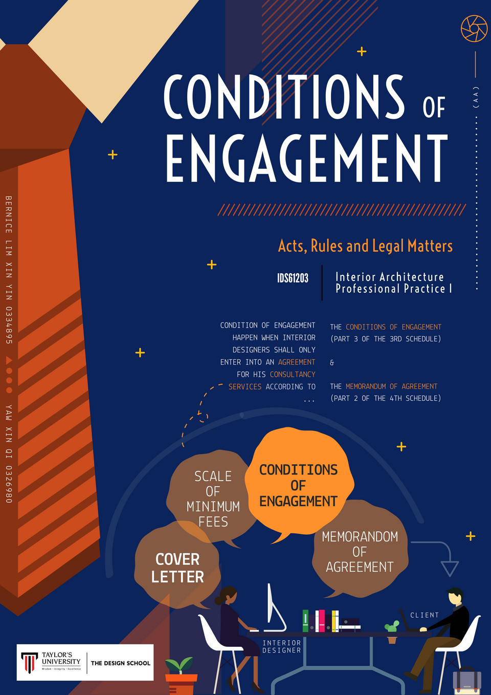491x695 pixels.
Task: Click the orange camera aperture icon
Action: click(474, 28)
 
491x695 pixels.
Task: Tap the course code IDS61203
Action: click(293, 278)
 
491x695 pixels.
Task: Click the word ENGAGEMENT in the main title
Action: click(306, 159)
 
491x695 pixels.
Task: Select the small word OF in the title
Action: click(434, 107)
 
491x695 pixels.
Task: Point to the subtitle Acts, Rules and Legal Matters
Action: click(365, 246)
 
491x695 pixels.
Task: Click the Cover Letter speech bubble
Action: click(177, 568)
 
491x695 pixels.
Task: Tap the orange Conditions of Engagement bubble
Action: click(298, 485)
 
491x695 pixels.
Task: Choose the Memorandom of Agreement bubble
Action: click(360, 551)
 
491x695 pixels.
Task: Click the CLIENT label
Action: click(425, 615)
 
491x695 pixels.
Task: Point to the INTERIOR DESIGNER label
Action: click(281, 646)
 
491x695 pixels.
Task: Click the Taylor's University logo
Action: click(51, 662)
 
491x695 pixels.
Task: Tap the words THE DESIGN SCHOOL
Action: click(121, 663)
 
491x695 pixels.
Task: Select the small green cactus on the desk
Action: click(392, 627)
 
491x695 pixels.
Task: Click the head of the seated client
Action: click(455, 596)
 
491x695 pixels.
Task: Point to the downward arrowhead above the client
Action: click(450, 568)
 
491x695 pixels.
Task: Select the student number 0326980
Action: click(9, 484)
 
